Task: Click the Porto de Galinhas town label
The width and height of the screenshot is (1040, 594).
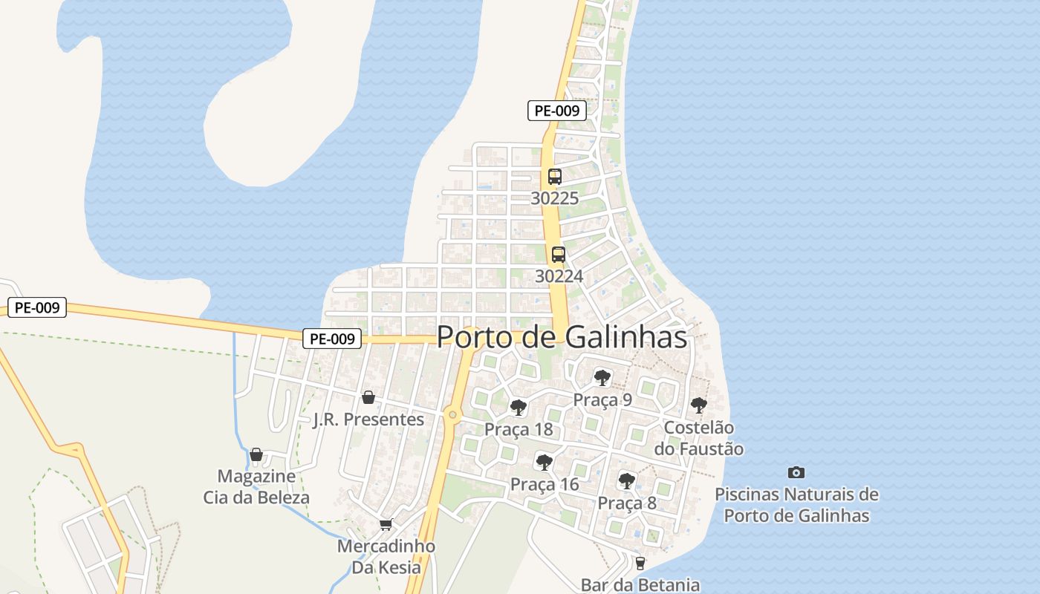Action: click(x=562, y=337)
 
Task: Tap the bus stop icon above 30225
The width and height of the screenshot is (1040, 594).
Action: click(x=555, y=177)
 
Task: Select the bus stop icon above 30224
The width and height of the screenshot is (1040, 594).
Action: click(x=558, y=255)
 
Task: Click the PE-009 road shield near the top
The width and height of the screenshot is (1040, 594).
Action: click(x=557, y=111)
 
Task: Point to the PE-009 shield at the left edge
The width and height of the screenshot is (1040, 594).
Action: click(x=37, y=307)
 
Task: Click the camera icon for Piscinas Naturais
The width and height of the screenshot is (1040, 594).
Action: click(x=796, y=472)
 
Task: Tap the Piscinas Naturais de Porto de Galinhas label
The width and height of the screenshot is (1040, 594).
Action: click(x=796, y=505)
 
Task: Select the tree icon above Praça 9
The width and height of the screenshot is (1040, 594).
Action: click(x=602, y=378)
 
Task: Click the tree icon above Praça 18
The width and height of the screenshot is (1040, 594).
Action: click(x=519, y=408)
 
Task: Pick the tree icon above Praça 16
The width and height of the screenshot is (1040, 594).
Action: click(x=545, y=463)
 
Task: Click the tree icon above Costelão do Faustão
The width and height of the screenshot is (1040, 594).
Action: click(x=698, y=405)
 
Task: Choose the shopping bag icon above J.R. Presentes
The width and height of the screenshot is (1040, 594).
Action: click(x=368, y=397)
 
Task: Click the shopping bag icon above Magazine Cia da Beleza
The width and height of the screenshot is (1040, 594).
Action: click(x=256, y=454)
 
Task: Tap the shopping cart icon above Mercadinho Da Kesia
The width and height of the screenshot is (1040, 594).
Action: click(x=386, y=525)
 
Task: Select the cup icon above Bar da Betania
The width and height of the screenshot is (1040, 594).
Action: click(x=640, y=564)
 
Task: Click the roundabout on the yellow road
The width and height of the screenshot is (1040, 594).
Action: click(x=452, y=414)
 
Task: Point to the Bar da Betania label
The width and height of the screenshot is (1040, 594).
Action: click(x=640, y=585)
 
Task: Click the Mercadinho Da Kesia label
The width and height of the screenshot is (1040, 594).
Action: click(x=386, y=557)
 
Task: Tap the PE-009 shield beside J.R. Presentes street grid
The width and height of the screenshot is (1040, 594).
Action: click(x=332, y=339)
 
